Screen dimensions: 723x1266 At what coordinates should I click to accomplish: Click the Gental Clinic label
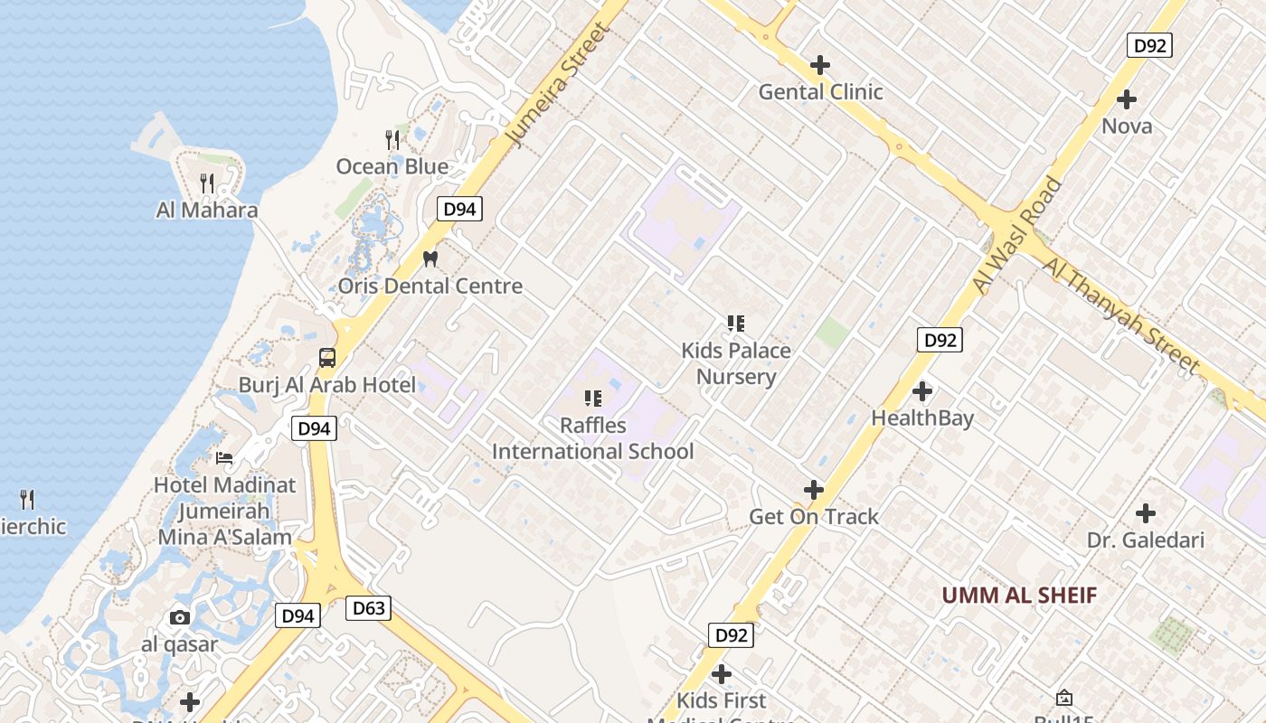[x=820, y=91]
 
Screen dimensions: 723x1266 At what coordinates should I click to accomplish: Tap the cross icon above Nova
[x=1127, y=99]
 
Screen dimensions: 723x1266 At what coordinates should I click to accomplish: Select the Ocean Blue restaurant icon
[x=392, y=139]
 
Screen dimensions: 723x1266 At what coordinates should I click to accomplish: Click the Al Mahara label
[x=207, y=210]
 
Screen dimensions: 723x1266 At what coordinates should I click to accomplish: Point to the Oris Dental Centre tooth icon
[x=430, y=258]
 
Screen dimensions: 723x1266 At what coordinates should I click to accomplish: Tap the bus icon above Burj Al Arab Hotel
[x=327, y=358]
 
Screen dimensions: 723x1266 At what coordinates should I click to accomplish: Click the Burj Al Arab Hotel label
[x=327, y=385]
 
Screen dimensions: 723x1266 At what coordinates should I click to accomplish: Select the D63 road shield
[x=368, y=608]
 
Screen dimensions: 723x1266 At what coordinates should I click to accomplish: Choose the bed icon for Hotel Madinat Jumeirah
[x=224, y=457]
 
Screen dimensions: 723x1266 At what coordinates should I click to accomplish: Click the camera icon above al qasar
[x=180, y=617]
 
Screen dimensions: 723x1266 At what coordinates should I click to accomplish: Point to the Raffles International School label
[x=593, y=438]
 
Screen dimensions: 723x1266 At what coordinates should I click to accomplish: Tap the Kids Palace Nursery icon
[x=736, y=323]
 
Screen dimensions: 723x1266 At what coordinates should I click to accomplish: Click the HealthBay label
[x=922, y=418]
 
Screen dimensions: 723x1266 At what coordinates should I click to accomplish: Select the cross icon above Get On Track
[x=814, y=490]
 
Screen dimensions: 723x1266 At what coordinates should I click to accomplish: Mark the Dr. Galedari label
[x=1146, y=540]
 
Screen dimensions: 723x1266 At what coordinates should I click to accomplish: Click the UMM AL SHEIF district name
[x=1019, y=596]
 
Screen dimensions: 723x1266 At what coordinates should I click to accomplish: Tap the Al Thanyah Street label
[x=1121, y=315]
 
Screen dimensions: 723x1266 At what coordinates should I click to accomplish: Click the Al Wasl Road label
[x=1018, y=235]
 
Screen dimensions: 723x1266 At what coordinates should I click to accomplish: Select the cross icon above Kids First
[x=722, y=674]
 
